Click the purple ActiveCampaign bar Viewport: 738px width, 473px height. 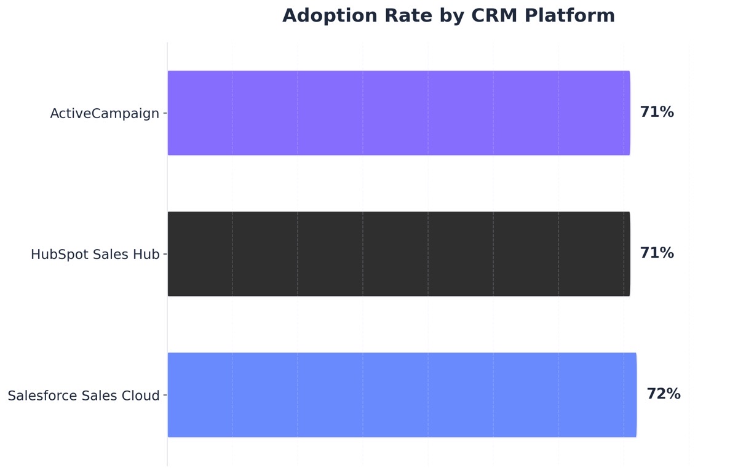click(399, 113)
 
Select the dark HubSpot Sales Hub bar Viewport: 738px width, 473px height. click(399, 253)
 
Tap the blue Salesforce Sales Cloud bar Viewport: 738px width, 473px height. click(402, 394)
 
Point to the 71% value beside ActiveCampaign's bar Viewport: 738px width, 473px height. click(657, 113)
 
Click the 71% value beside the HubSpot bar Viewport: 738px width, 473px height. click(657, 253)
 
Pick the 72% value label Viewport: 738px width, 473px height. click(664, 394)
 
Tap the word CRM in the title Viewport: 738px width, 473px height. click(494, 16)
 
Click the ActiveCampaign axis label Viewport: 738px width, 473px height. click(105, 114)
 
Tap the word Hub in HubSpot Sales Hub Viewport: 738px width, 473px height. click(146, 255)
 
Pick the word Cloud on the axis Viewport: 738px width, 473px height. click(141, 396)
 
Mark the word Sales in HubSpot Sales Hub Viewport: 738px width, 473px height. click(110, 255)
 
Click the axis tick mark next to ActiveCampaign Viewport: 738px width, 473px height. click(164, 113)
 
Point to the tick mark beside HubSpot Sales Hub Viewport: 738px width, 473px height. click(164, 254)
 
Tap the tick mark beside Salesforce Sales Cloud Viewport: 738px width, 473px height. click(164, 395)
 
